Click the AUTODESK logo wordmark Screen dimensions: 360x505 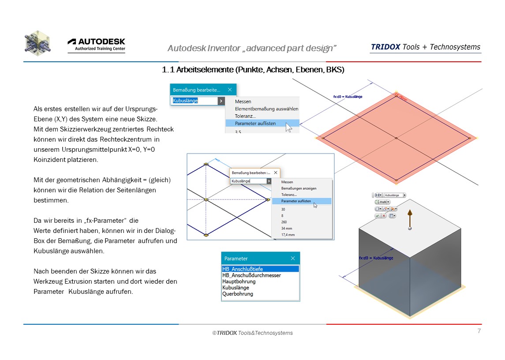point(96,41)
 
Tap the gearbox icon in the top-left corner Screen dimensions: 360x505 point(37,43)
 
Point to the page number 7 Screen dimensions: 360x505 point(479,331)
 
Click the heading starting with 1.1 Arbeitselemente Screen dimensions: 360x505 point(253,70)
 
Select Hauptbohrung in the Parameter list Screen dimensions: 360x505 point(239,281)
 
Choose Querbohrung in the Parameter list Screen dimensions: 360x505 point(238,294)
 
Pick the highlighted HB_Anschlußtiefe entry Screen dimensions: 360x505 point(243,269)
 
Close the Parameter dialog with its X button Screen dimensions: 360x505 point(293,259)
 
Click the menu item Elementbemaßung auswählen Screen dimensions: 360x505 point(266,109)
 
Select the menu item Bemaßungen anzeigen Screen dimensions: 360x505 point(299,188)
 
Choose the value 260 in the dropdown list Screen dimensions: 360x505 point(284,222)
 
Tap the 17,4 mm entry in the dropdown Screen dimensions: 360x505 point(288,235)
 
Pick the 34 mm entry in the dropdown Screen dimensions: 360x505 point(287,229)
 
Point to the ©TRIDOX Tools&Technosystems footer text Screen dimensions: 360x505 point(252,333)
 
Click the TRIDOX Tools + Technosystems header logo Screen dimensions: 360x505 point(425,47)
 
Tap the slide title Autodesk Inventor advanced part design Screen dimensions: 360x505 point(252,48)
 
